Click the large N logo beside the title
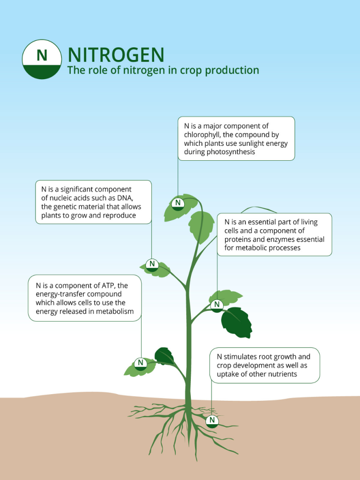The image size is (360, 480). pyautogui.click(x=42, y=59)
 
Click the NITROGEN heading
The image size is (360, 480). pyautogui.click(x=116, y=55)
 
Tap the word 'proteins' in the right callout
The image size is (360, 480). pyautogui.click(x=238, y=240)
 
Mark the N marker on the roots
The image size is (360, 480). pyautogui.click(x=212, y=421)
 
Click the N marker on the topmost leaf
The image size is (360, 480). pyautogui.click(x=178, y=203)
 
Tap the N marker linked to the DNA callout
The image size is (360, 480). pyautogui.click(x=152, y=265)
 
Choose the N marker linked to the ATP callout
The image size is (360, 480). pyautogui.click(x=141, y=364)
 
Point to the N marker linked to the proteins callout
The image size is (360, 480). pyautogui.click(x=217, y=306)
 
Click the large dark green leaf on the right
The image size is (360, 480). pyautogui.click(x=237, y=322)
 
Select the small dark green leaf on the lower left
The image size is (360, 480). pyautogui.click(x=165, y=356)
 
